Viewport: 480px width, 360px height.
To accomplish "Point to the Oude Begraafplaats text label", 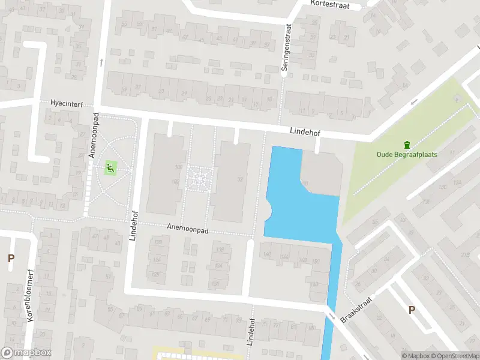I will click(407, 154).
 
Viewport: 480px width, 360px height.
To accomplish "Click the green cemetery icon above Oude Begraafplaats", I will click(407, 144).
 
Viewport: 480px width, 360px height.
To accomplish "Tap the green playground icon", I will click(110, 167).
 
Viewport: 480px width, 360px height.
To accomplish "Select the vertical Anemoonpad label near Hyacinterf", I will click(93, 137).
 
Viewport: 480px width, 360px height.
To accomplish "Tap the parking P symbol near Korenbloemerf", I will click(10, 259).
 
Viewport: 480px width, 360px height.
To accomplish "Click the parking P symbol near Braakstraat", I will click(412, 310).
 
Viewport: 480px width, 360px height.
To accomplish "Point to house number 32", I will click(241, 179).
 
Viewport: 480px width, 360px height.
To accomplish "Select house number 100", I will click(178, 167).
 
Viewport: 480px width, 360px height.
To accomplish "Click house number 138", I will click(220, 250).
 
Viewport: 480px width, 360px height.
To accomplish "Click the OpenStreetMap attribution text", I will click(454, 356).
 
